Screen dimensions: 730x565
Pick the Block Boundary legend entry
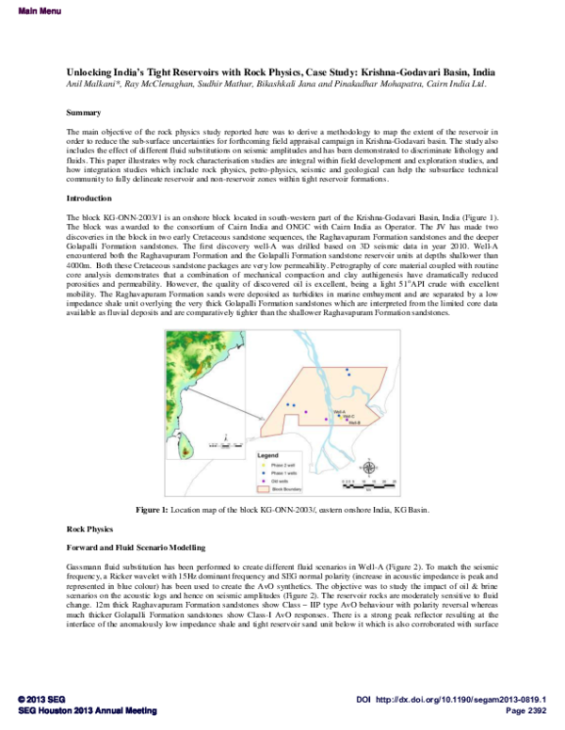pos(288,489)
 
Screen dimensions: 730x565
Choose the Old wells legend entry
pos(282,481)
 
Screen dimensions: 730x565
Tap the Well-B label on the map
pos(353,423)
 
